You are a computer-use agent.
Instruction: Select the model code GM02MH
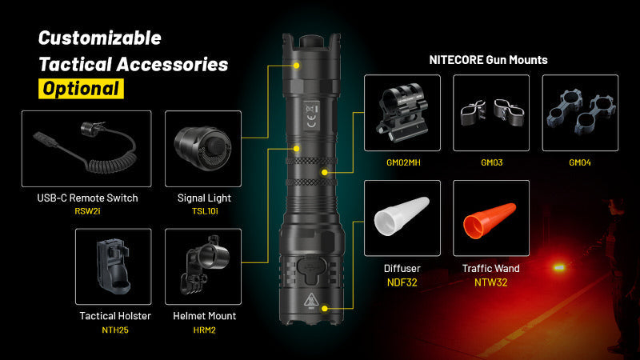(x=402, y=162)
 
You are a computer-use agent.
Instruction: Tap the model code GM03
(x=491, y=162)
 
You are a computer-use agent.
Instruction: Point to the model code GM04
(x=580, y=162)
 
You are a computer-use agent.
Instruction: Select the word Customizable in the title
(x=100, y=38)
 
